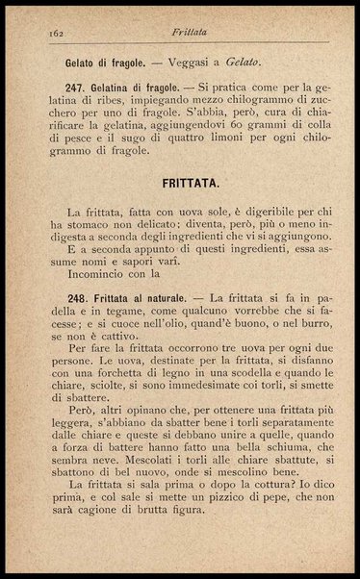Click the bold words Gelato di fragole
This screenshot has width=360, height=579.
(105, 63)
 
